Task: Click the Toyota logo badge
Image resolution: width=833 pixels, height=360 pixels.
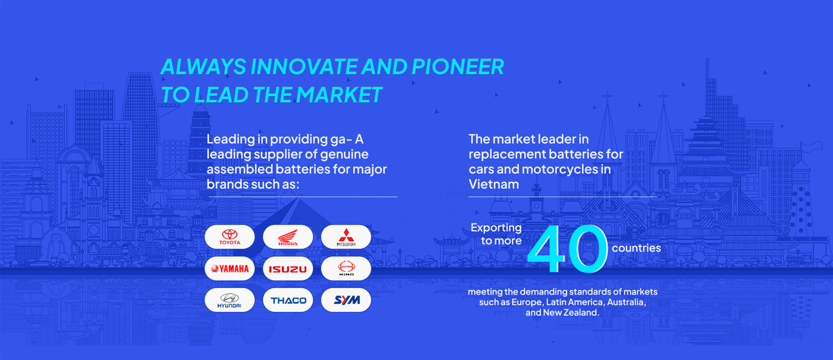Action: [230, 237]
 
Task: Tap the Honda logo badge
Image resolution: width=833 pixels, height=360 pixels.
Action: [288, 237]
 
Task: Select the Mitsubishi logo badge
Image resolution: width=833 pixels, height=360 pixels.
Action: [346, 237]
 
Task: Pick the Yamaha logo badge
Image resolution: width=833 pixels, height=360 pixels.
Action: [230, 268]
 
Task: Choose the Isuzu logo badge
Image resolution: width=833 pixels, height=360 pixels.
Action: [288, 268]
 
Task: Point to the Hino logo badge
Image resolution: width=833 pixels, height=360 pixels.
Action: [346, 268]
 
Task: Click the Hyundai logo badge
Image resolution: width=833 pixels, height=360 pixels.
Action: [230, 300]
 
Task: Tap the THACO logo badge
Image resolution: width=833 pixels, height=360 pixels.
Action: [288, 300]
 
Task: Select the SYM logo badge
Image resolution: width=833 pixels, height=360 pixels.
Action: [346, 300]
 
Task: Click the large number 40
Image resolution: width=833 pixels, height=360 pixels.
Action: [567, 249]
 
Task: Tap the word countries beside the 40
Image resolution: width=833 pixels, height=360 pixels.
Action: [636, 248]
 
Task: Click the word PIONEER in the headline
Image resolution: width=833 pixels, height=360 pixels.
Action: [458, 67]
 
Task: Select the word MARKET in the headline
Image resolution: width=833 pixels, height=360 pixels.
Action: [339, 95]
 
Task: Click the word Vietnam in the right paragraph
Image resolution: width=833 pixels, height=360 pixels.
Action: [494, 184]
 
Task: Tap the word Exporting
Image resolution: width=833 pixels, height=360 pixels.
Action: [496, 228]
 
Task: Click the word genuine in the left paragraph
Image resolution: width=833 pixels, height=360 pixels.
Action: [344, 155]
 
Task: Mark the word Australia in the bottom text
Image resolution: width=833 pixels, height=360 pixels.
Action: [626, 302]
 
